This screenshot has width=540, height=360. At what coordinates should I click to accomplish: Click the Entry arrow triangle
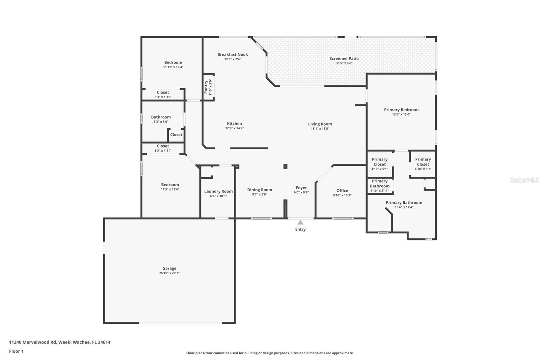300,222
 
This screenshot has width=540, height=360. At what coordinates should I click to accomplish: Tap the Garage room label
169,268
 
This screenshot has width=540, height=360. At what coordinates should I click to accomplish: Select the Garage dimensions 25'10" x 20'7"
169,273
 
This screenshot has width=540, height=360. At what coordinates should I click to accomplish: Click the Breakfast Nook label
233,54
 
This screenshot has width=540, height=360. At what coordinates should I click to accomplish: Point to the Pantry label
206,87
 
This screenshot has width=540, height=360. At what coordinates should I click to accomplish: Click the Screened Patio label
344,58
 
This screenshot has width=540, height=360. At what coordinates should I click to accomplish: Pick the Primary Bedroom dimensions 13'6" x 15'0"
401,114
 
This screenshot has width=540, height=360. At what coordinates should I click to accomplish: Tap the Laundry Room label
218,191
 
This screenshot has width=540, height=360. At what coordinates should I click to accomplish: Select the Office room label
342,190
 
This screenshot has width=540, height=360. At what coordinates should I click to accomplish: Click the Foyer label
301,188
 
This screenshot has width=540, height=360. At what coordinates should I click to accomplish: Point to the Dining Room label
259,190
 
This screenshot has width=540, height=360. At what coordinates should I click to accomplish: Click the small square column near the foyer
285,166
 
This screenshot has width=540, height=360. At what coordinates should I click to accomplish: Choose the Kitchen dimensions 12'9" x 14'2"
234,128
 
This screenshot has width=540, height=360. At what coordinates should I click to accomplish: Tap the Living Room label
320,124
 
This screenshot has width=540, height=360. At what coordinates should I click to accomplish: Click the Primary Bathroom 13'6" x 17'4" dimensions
404,207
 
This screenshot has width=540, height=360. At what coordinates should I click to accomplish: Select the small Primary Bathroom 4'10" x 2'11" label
379,186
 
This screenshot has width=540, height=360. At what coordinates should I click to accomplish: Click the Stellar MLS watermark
524,180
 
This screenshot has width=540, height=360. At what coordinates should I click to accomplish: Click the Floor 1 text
16,351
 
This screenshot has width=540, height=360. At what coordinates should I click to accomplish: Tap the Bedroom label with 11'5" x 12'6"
170,185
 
